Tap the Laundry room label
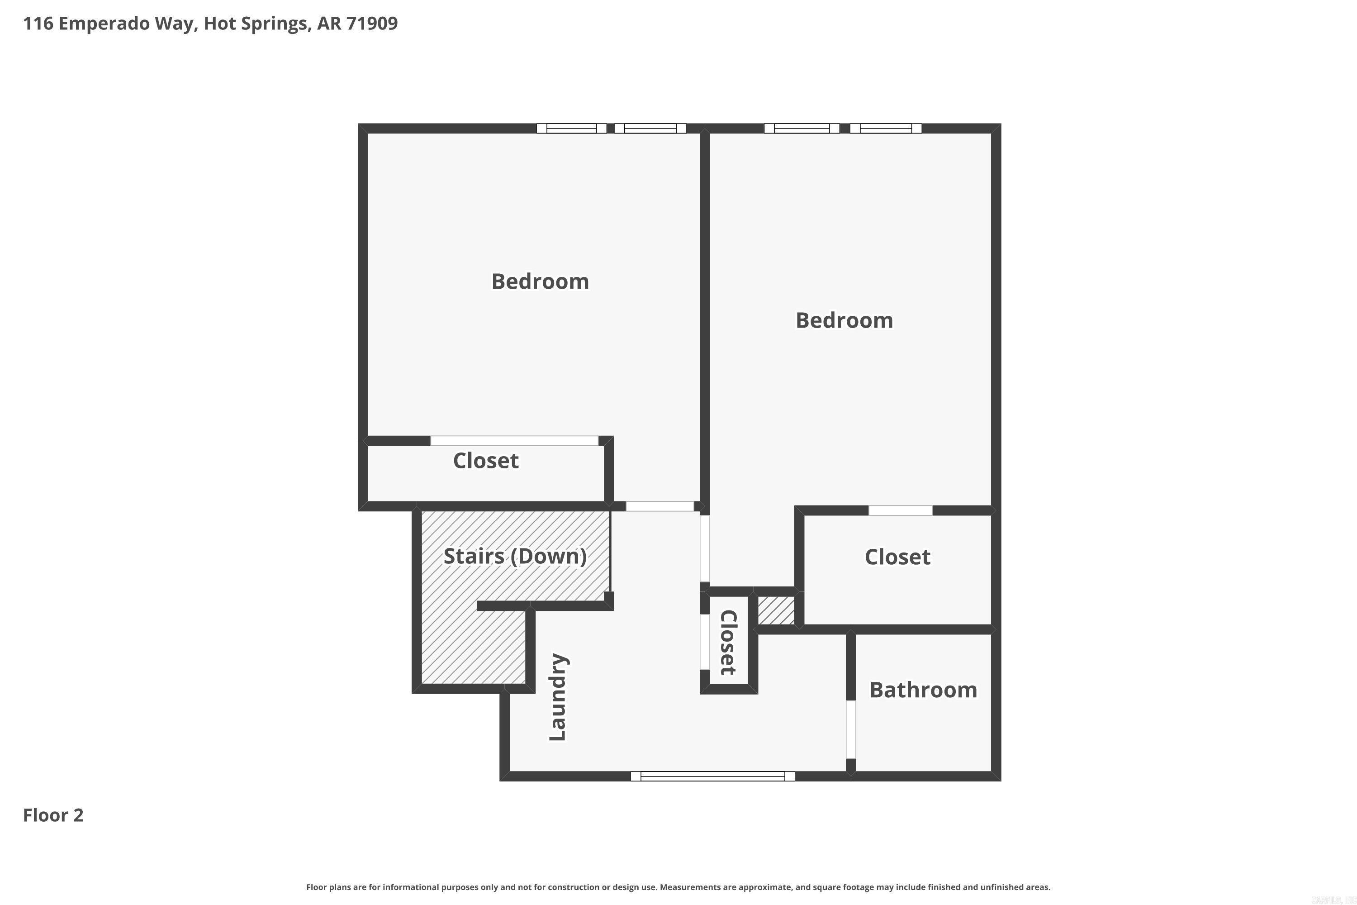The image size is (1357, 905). tap(558, 697)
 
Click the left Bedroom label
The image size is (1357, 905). tap(540, 281)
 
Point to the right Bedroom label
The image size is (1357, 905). tap(844, 320)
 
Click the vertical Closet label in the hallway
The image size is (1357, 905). tap(729, 643)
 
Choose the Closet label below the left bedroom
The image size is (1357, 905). tap(486, 461)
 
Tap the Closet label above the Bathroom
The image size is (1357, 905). tap(897, 557)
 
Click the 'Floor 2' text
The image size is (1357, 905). tap(53, 815)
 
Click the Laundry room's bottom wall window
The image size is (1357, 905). tap(712, 776)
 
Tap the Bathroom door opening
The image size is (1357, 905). tap(850, 729)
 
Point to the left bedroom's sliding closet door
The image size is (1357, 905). tap(514, 441)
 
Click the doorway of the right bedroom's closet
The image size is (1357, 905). tap(900, 510)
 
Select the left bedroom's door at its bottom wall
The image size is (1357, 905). tap(660, 506)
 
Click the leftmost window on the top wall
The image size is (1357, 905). tap(571, 128)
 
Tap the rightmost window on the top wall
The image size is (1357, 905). tap(886, 128)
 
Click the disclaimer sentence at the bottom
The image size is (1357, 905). tap(678, 887)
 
